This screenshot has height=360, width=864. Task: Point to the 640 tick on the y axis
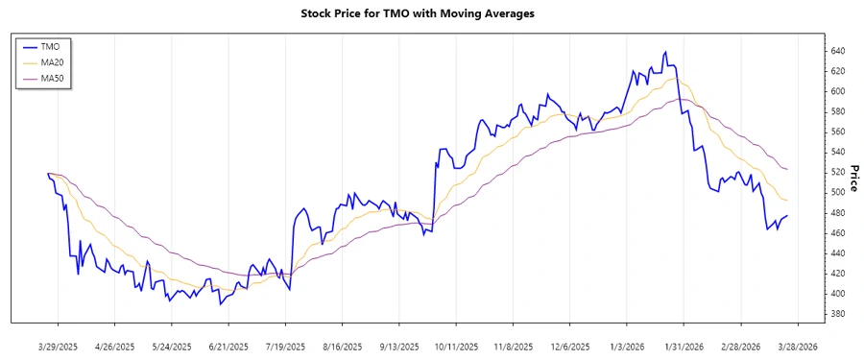838,51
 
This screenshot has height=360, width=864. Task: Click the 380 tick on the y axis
838,314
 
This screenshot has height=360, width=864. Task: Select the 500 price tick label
838,192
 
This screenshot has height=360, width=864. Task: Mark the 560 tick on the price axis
838,132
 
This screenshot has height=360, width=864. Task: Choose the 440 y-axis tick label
838,253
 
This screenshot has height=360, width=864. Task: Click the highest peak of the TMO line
666,52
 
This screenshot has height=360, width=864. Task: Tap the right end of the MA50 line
788,169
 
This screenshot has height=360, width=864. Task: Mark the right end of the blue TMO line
788,216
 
